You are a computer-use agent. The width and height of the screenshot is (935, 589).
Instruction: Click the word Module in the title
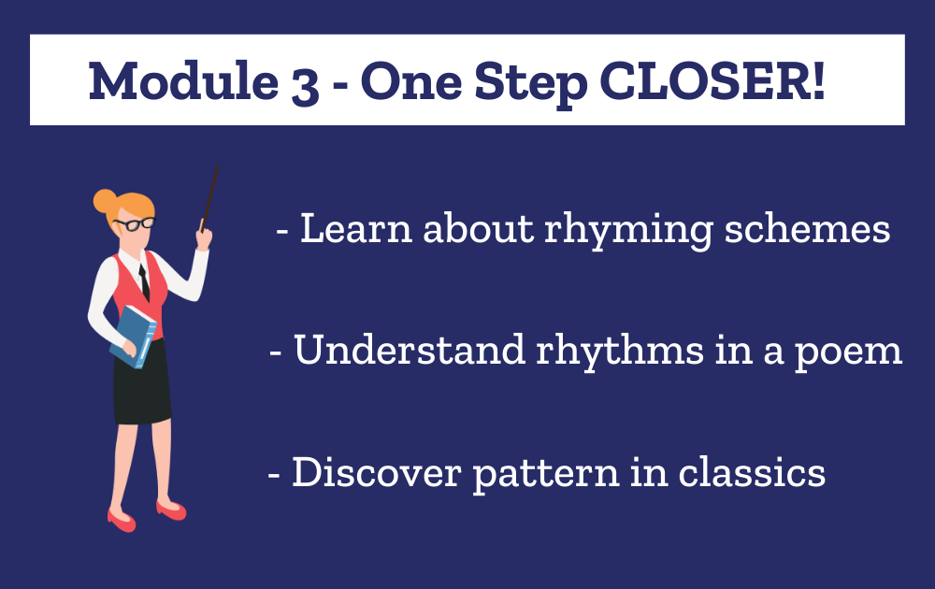tap(183, 80)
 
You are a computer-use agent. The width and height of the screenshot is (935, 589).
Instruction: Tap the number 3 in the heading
tap(306, 85)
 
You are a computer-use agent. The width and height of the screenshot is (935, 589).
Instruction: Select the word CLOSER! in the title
tap(712, 80)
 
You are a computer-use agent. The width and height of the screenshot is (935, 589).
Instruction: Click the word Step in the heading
tap(531, 84)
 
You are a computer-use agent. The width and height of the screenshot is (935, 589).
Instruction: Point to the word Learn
tap(356, 228)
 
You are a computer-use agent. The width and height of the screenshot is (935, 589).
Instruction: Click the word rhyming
tap(628, 231)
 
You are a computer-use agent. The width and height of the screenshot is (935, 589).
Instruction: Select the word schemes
tap(808, 228)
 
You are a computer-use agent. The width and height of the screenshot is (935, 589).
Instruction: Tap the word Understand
tap(410, 350)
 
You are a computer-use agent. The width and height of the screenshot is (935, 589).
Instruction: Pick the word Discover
tap(376, 472)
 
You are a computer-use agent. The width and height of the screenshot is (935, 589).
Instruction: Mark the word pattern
tap(546, 475)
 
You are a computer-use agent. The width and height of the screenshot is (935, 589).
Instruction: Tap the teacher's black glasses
tap(135, 224)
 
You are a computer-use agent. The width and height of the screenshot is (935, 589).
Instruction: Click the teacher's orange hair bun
tap(105, 201)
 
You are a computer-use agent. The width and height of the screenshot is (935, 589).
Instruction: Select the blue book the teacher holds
tap(133, 337)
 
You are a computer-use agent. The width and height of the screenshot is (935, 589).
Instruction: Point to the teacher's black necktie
tap(144, 282)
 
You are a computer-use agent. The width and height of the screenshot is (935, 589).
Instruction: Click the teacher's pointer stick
tap(209, 198)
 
